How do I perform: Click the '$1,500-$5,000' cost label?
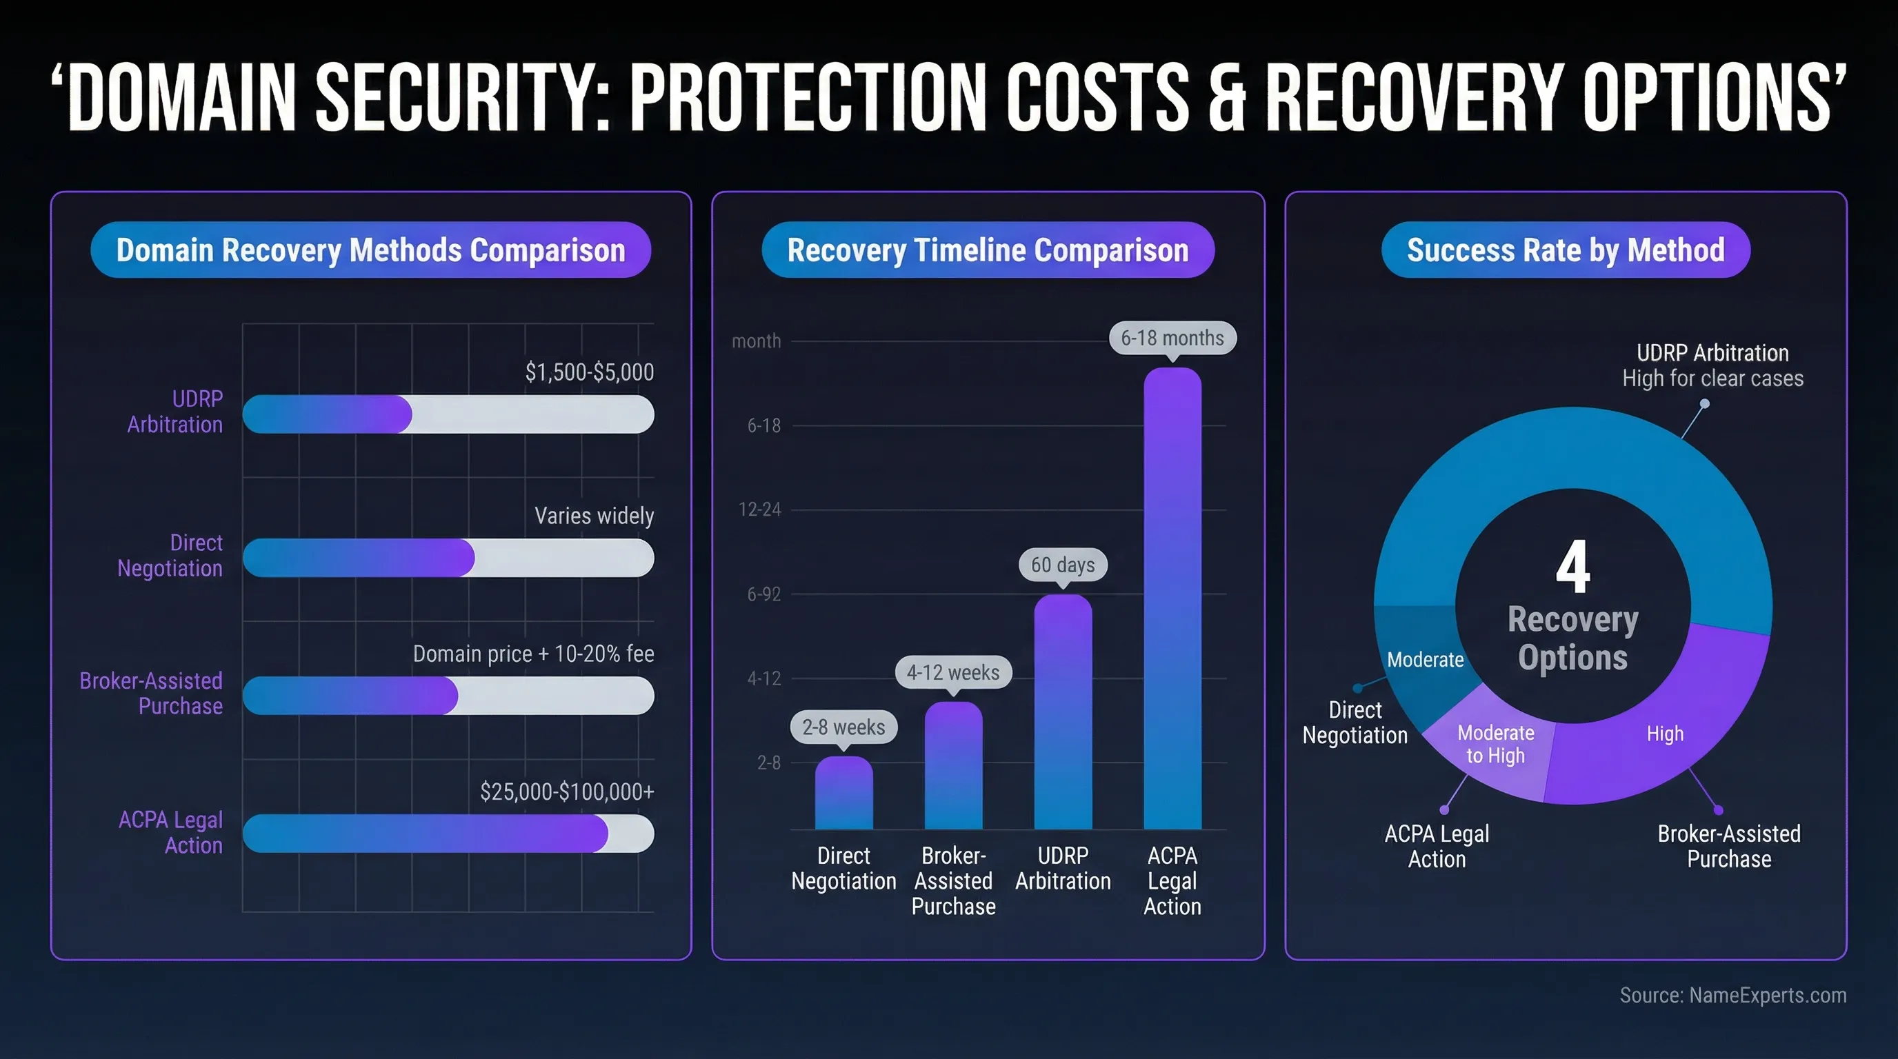[589, 372]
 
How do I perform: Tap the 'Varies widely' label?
[593, 516]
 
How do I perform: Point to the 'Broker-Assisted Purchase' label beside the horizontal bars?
[151, 693]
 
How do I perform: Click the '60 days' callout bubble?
[1063, 565]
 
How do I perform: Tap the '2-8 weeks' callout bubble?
[843, 727]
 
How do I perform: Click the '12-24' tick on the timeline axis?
[759, 510]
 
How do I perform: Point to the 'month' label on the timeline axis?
[756, 341]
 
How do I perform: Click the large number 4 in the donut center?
[1572, 566]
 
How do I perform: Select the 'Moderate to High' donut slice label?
[1496, 744]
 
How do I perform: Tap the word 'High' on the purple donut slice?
[1664, 734]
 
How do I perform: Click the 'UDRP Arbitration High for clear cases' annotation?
[1712, 365]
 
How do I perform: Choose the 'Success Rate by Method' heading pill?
[1565, 250]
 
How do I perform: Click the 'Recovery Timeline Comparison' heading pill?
[988, 250]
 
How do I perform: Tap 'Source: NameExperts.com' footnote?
[1732, 995]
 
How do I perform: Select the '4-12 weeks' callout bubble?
[952, 672]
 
